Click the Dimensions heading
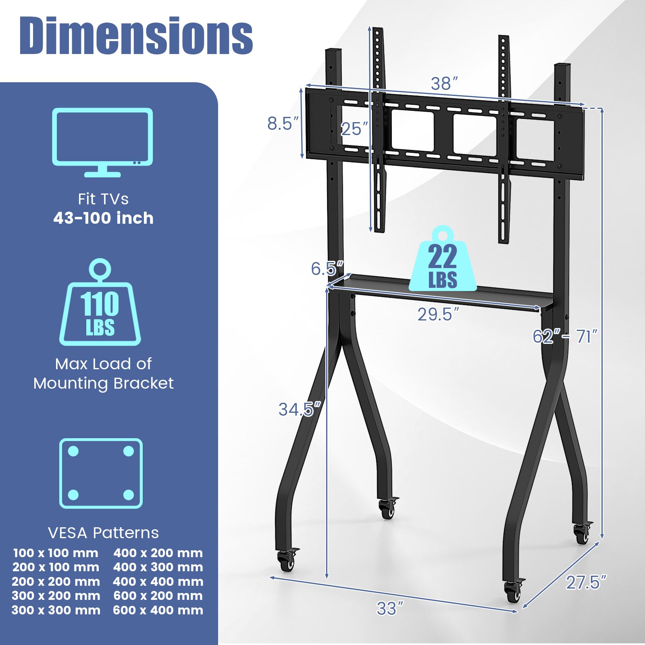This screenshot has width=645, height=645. pos(136,35)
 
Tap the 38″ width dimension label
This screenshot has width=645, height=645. pos(444,83)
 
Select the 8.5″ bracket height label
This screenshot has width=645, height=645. pos(283,123)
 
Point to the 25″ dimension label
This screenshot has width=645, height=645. pos(354,129)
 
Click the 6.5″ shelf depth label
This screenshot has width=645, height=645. pos(327,268)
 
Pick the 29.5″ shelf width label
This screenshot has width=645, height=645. pos(438,314)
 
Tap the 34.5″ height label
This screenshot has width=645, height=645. pos(300,409)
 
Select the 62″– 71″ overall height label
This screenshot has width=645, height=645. pos(565,336)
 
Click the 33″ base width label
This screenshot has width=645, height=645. pos(390,608)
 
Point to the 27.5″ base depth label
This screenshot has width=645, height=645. pos(586,582)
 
